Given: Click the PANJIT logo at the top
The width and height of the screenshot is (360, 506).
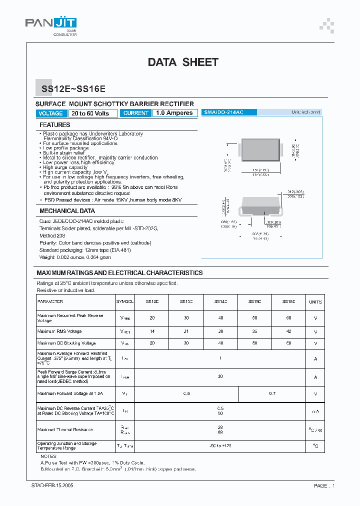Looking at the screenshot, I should [51, 24].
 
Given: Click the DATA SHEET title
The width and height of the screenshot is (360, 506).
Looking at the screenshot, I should [183, 62].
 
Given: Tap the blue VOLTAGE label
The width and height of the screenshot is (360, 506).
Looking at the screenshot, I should [51, 113].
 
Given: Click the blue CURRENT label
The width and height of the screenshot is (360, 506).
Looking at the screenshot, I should [136, 113].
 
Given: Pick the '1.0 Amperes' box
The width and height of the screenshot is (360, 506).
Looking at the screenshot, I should [174, 113].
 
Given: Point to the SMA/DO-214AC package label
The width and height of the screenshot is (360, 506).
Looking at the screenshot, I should [223, 112].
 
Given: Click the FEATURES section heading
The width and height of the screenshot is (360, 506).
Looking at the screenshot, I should [55, 125].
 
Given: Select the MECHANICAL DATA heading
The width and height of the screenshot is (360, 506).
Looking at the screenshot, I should [67, 211].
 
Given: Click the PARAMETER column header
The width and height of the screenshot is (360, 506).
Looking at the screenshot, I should [50, 302].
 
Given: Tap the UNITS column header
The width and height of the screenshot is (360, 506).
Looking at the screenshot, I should [315, 302].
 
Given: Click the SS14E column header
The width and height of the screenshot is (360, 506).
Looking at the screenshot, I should [220, 302].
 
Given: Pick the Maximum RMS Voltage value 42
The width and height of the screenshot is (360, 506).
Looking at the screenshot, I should [288, 331].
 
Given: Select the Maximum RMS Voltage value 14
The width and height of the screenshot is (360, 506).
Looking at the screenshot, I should [152, 331].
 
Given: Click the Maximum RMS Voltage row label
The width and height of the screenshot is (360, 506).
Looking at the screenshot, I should [59, 331].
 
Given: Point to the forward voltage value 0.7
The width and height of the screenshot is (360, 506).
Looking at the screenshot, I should [272, 394].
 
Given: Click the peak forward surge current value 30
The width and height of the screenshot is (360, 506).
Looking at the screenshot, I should [220, 376].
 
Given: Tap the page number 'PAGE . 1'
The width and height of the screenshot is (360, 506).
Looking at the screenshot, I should [324, 485].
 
